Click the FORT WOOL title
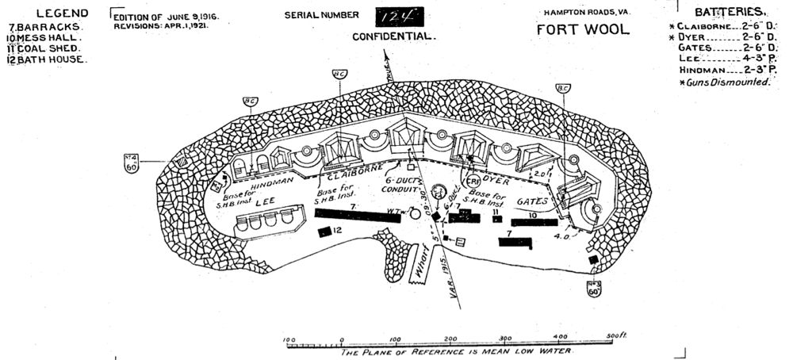[583, 30]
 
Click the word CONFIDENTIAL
[394, 36]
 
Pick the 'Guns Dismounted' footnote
[725, 82]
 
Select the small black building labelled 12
[324, 232]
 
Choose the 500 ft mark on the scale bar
[614, 338]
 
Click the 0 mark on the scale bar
[342, 338]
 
